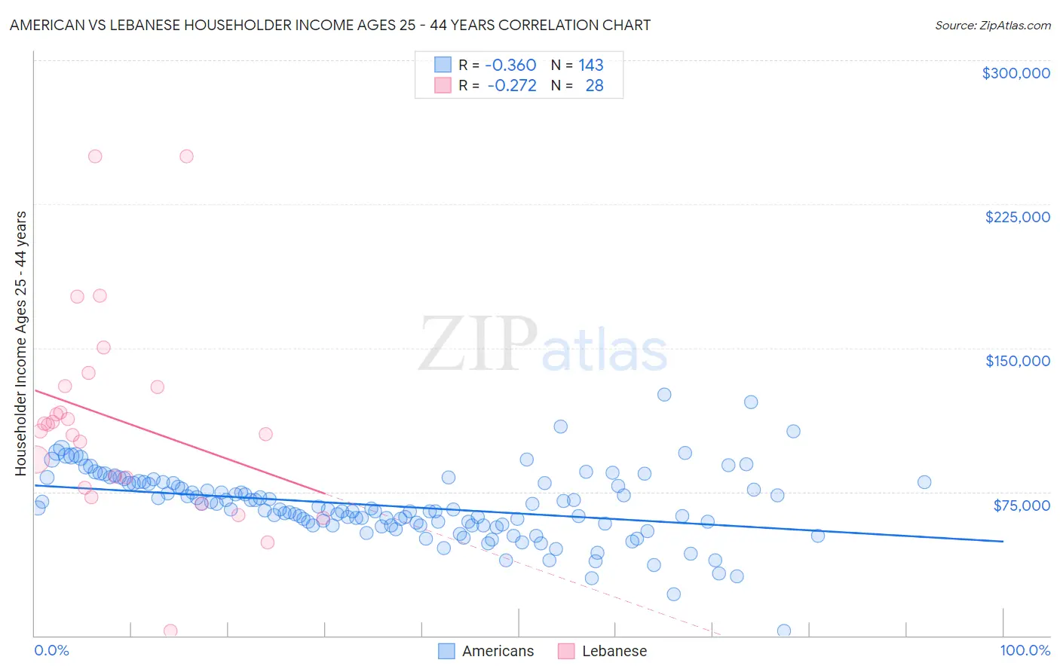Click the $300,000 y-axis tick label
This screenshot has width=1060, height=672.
pyautogui.click(x=1016, y=73)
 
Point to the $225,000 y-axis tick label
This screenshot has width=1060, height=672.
pyautogui.click(x=1017, y=217)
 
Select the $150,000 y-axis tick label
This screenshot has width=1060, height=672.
pyautogui.click(x=1017, y=361)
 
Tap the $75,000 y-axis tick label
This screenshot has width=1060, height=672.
pyautogui.click(x=1021, y=506)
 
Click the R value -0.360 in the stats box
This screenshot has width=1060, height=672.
pyautogui.click(x=510, y=66)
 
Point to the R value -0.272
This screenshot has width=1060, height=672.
pyautogui.click(x=512, y=86)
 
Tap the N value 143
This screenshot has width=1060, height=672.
pyautogui.click(x=591, y=66)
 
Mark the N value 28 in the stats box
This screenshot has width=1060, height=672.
pyautogui.click(x=594, y=86)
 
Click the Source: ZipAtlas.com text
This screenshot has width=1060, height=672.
pyautogui.click(x=992, y=26)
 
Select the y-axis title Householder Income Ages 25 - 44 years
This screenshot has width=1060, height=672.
pyautogui.click(x=21, y=344)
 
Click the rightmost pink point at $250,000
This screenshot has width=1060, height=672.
pyautogui.click(x=186, y=157)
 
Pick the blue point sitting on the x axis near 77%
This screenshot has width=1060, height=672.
pyautogui.click(x=784, y=631)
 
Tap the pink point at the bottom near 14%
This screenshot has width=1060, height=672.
pyautogui.click(x=170, y=631)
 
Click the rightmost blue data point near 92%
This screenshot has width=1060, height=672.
pyautogui.click(x=924, y=482)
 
